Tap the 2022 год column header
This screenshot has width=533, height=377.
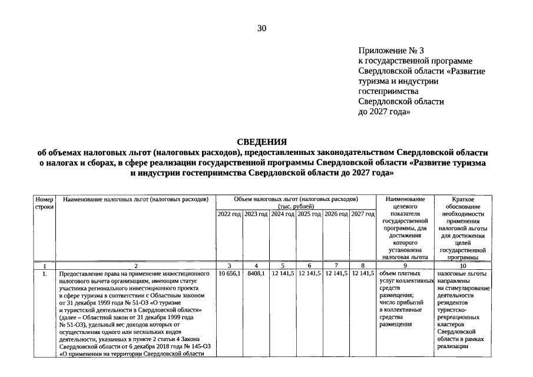point(229,214)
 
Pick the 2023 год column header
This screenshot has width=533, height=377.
point(256,214)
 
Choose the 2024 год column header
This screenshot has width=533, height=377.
point(283,214)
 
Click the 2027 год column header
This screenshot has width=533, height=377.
point(363,214)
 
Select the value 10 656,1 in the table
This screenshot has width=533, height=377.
point(229,274)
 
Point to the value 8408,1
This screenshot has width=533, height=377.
point(256,274)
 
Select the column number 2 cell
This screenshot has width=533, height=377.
point(135,266)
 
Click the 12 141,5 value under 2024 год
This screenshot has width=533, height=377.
point(283,274)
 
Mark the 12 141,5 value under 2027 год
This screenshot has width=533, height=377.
point(363,274)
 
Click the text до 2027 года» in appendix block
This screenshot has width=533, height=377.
point(385,111)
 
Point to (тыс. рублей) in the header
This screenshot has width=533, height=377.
point(296,206)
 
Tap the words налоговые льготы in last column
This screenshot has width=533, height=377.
point(462,274)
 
